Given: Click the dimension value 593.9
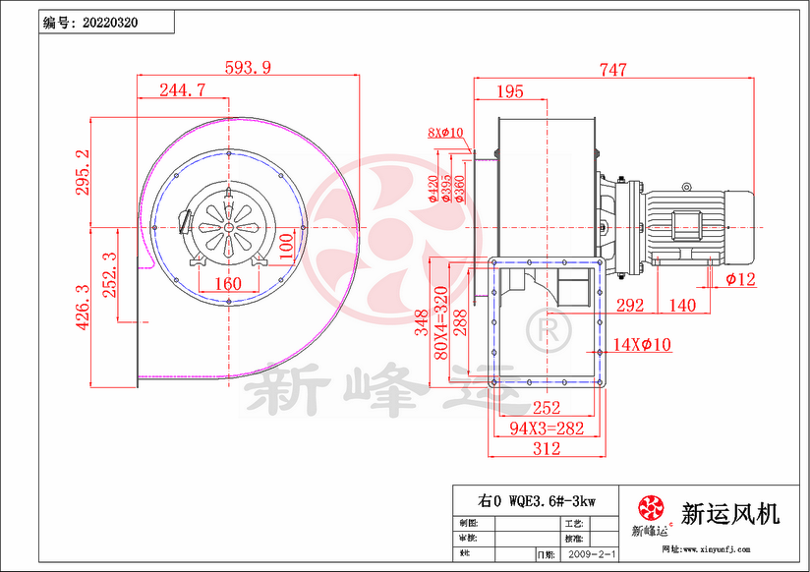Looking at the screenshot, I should (x=248, y=68).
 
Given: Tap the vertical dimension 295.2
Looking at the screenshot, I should (x=84, y=173).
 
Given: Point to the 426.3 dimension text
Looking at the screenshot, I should (x=84, y=308).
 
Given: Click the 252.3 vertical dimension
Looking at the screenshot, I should (x=111, y=275).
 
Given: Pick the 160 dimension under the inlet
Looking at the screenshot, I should (x=227, y=284).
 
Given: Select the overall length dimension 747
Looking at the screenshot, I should (x=613, y=70).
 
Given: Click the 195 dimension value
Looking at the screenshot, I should (x=509, y=91).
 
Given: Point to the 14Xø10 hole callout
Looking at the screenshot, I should (x=642, y=344).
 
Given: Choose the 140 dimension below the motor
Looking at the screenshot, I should (x=681, y=306).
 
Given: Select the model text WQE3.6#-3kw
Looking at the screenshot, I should (x=536, y=500).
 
